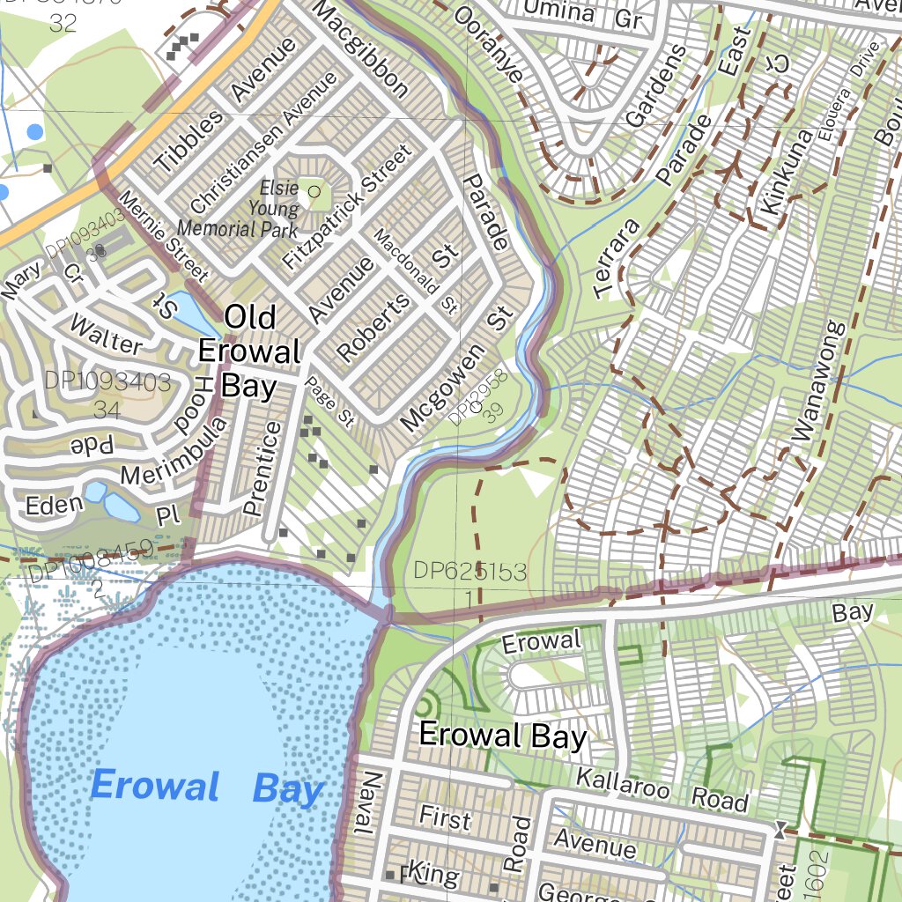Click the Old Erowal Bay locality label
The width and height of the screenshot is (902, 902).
[249, 351]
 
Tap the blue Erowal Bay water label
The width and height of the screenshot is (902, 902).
[207, 787]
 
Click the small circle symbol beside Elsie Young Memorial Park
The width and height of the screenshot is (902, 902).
[314, 190]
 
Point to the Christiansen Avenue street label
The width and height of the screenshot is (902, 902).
[263, 142]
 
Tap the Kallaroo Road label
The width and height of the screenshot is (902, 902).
[662, 789]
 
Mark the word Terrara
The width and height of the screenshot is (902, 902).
[615, 255]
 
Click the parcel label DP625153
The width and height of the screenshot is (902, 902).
[470, 573]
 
